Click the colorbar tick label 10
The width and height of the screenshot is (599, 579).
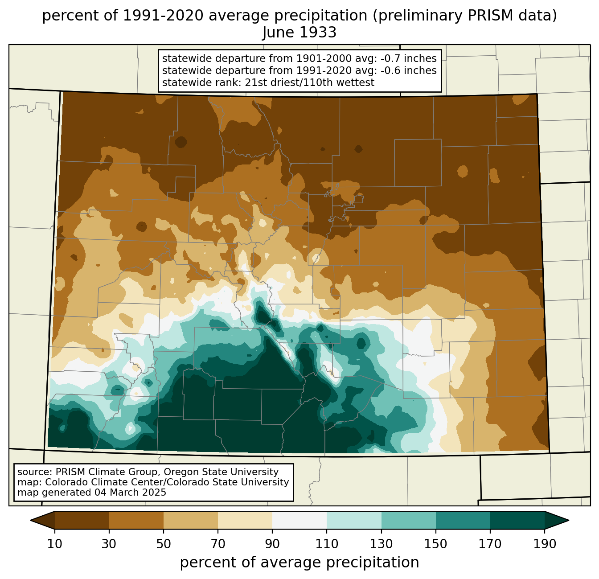click(55, 544)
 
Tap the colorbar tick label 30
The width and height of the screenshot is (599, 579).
click(109, 544)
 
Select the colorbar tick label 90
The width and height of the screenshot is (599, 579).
click(272, 544)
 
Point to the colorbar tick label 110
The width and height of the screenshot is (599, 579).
click(327, 544)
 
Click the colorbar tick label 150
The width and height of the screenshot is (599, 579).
click(435, 544)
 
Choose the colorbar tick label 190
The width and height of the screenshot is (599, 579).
click(545, 544)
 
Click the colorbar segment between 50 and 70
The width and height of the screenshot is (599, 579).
click(191, 521)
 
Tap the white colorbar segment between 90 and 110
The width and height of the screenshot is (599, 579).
click(299, 521)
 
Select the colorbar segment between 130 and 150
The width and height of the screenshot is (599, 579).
click(408, 521)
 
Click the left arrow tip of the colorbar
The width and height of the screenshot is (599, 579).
click(30, 521)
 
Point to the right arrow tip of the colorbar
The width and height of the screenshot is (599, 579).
click(569, 521)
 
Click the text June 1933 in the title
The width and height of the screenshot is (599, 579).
click(299, 33)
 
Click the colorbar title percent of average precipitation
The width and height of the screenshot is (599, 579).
click(299, 562)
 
